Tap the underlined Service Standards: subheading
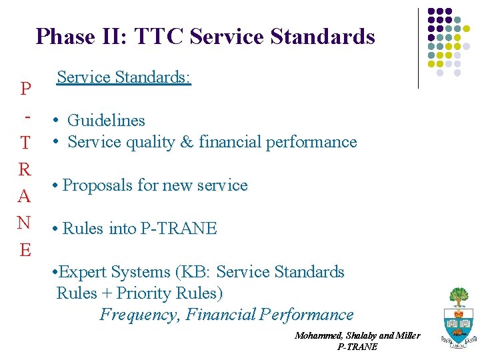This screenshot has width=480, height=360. tap(124, 77)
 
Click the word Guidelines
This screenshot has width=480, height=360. tap(106, 121)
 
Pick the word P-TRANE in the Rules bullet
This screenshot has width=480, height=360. tap(179, 229)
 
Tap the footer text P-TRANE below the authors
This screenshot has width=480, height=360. tap(357, 347)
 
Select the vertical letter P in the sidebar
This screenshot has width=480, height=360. tap(25, 89)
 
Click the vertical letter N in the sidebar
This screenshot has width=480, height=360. tap(25, 222)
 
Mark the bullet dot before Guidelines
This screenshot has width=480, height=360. tap(58, 121)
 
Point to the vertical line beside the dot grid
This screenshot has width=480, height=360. tap(418, 48)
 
